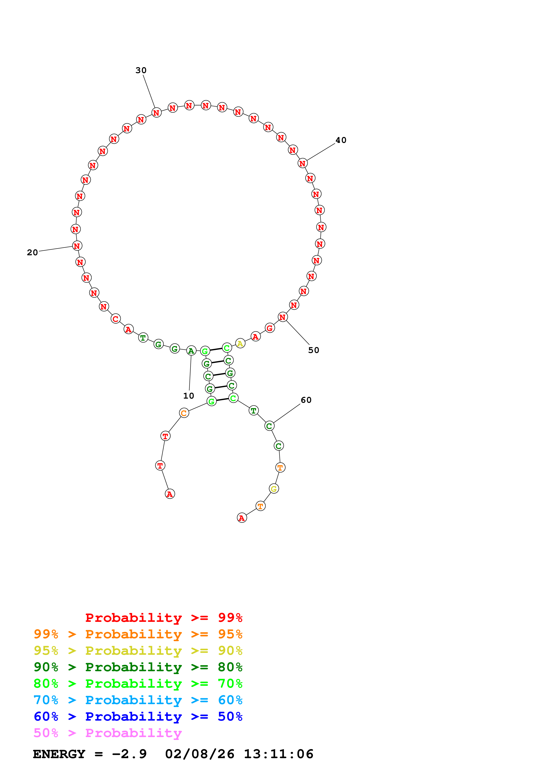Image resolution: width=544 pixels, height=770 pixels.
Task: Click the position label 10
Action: coord(188,396)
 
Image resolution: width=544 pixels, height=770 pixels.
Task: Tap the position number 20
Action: coord(32,252)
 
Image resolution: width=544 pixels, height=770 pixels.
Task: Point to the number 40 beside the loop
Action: coord(341,140)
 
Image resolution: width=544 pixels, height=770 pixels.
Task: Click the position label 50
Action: coord(313,350)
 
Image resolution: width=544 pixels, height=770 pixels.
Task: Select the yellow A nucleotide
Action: coord(240,344)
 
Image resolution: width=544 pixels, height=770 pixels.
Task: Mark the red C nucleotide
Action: coord(116,318)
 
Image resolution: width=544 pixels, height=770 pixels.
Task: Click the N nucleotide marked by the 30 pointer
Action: coord(156,113)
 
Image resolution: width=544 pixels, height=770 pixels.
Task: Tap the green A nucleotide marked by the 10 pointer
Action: coord(191,351)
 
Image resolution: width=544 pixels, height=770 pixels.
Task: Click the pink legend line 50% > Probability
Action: coord(107,733)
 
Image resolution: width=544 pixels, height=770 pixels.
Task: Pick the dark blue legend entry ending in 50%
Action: coord(138,717)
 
